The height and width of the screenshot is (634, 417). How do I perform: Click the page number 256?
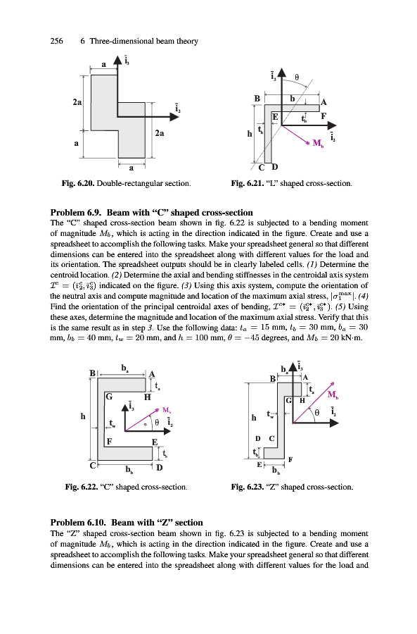pyautogui.click(x=56, y=41)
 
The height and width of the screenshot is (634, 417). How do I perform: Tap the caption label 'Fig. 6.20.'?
pyautogui.click(x=78, y=184)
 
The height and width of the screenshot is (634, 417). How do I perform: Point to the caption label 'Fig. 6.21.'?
pyautogui.click(x=247, y=184)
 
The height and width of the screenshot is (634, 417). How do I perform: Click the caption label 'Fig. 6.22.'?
pyautogui.click(x=81, y=487)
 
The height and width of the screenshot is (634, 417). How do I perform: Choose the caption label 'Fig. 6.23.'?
pyautogui.click(x=248, y=487)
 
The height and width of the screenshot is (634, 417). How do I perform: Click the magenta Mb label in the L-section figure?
pyautogui.click(x=318, y=143)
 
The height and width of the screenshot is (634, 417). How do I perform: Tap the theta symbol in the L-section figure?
pyautogui.click(x=297, y=77)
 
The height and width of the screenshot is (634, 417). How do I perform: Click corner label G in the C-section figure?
pyautogui.click(x=108, y=397)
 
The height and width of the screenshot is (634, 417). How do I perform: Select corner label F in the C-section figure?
pyautogui.click(x=109, y=441)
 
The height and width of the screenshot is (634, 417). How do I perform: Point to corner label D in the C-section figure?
pyautogui.click(x=160, y=468)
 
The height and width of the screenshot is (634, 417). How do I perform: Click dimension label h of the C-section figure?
pyautogui.click(x=83, y=416)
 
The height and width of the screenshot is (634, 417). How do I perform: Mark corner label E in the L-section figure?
pyautogui.click(x=275, y=117)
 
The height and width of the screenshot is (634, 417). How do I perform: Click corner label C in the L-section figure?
pyautogui.click(x=262, y=168)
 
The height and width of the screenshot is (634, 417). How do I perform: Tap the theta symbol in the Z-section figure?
pyautogui.click(x=317, y=412)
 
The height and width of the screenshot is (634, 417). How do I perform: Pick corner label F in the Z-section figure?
pyautogui.click(x=290, y=459)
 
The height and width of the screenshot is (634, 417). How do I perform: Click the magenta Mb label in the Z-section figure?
pyautogui.click(x=333, y=394)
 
